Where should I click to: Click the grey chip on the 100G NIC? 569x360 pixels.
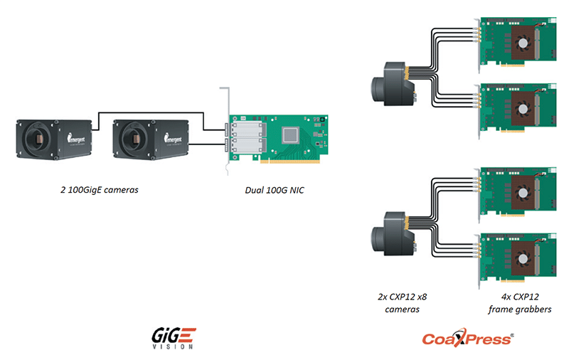(x=293, y=134)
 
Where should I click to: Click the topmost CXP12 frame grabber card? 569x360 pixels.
(x=516, y=44)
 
